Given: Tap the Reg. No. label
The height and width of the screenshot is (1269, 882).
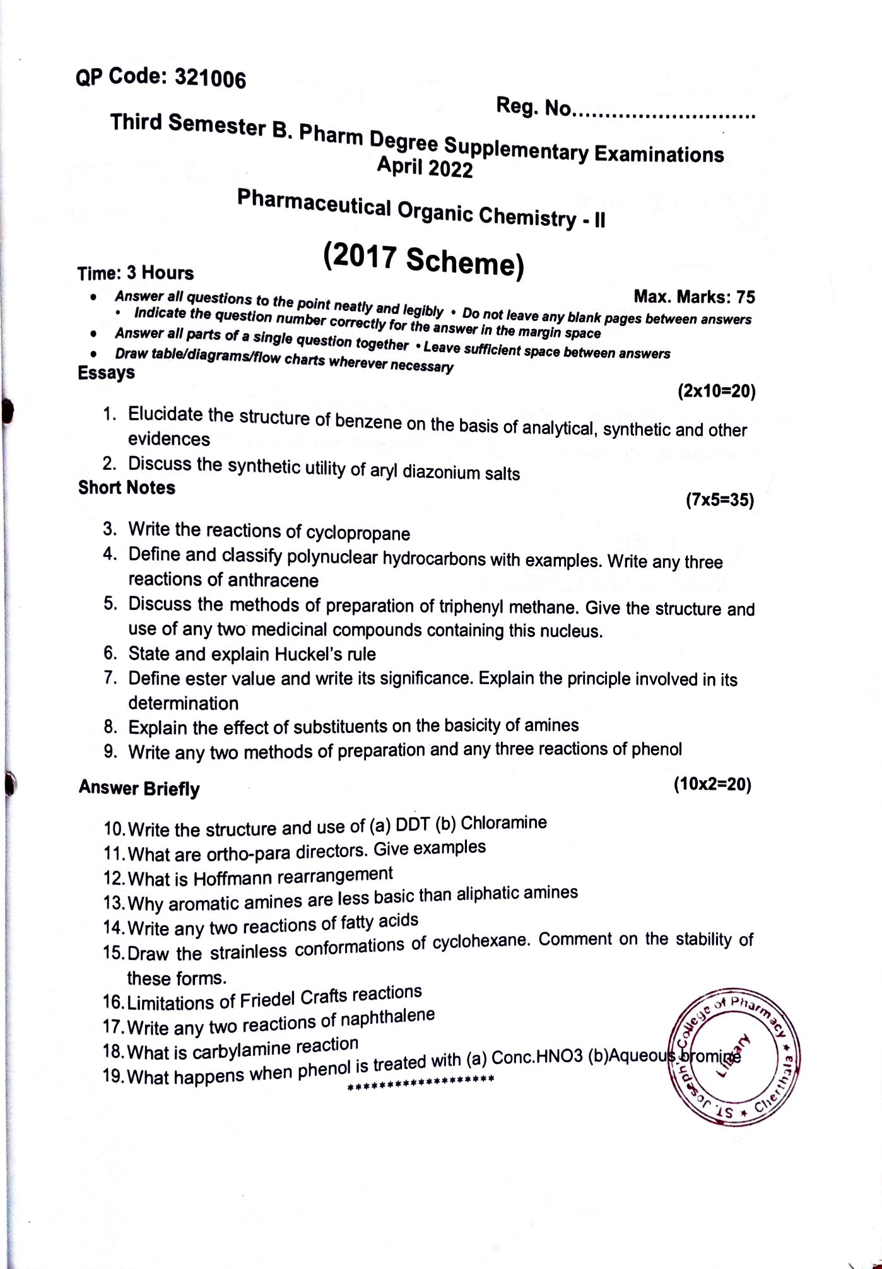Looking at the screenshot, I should [533, 108].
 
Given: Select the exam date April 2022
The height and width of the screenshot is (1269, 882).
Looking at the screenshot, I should [425, 168].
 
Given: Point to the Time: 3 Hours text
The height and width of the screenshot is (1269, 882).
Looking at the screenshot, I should [136, 273].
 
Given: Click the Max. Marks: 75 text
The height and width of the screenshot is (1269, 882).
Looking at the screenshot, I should [694, 296].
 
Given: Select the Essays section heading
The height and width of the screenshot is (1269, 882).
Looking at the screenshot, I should [106, 373].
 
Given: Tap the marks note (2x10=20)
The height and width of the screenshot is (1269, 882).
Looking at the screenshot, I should [716, 392].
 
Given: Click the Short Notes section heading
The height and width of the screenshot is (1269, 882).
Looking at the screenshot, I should [127, 488].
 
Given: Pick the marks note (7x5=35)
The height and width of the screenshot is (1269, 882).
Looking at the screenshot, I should [719, 501].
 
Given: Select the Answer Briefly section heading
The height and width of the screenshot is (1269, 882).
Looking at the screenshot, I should [139, 788].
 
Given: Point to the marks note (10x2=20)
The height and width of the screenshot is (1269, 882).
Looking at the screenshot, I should [712, 785].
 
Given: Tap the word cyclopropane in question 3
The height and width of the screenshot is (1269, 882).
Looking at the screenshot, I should [358, 534].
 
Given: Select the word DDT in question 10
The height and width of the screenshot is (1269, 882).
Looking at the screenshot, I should [413, 825].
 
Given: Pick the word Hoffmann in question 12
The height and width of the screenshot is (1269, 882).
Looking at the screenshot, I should [234, 878].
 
